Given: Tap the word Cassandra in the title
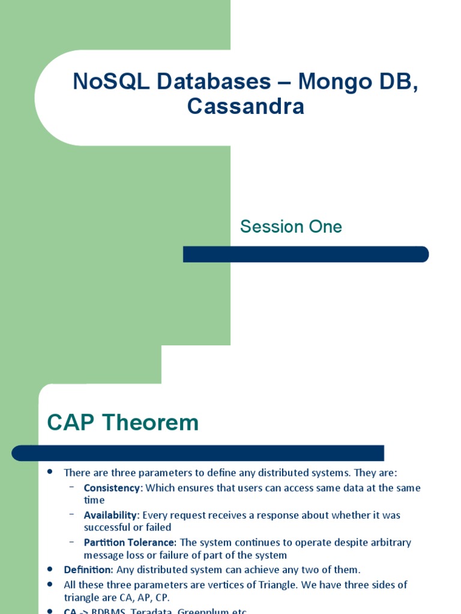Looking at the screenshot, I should pos(246,107).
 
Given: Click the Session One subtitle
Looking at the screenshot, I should pos(291,227).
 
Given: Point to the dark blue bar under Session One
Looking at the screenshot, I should pos(306,254).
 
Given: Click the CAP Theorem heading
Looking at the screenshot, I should pos(123,423).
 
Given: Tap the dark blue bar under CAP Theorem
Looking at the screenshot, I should pos(198,453).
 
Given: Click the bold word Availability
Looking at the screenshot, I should pos(111,515).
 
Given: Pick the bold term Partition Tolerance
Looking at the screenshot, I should pos(130,542).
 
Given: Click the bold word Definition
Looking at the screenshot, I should pos(88,570).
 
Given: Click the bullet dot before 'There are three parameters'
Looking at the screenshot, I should pos(50,472).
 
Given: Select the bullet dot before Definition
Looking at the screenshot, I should pos(50,569).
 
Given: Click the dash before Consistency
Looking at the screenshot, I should pos(72,487).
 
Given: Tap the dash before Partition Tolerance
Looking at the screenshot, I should pos(72,541).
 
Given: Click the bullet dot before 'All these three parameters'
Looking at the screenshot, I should pos(50,584).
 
